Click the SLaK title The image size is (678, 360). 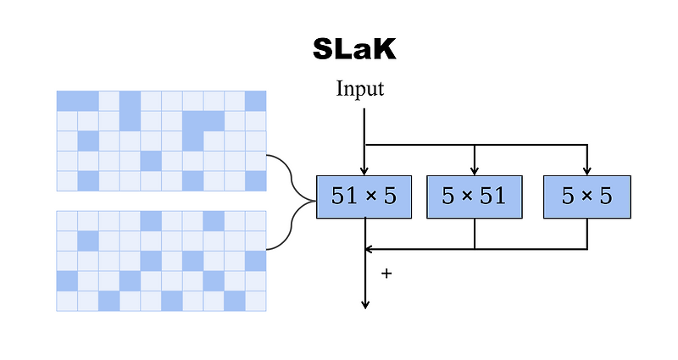tap(353, 50)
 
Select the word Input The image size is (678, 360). tap(360, 89)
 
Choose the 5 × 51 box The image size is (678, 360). tap(474, 197)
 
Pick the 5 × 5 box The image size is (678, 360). tap(586, 197)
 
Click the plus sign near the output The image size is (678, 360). tap(386, 274)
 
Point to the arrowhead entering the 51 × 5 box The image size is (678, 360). tap(364, 170)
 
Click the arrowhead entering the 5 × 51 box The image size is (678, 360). tap(475, 170)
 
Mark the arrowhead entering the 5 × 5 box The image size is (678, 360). tap(586, 170)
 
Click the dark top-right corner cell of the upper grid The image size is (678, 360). tap(255, 101)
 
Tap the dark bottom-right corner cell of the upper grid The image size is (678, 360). tap(255, 180)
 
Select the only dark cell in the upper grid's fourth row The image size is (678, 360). tap(151, 161)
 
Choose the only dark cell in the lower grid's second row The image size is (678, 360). tap(88, 241)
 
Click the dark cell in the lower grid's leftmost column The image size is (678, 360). tap(67, 280)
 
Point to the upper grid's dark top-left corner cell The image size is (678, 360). tap(67, 101)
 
